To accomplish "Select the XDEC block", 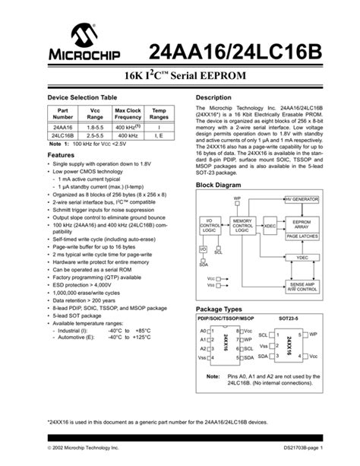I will point(270,226).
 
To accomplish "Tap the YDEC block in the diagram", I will point(302,257).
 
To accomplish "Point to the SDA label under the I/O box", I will point(203,264).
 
